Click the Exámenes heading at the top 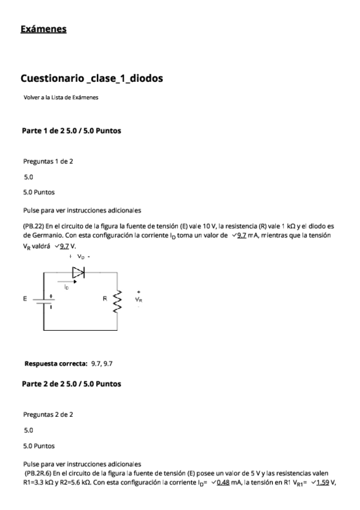click(x=43, y=28)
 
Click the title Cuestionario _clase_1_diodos click(x=91, y=78)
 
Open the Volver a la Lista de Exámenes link click(x=61, y=97)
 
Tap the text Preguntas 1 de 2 click(x=48, y=161)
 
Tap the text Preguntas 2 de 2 click(x=48, y=414)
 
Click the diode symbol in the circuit click(x=78, y=272)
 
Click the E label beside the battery click(x=25, y=298)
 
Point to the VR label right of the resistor click(x=139, y=299)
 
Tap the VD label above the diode click(x=81, y=257)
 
